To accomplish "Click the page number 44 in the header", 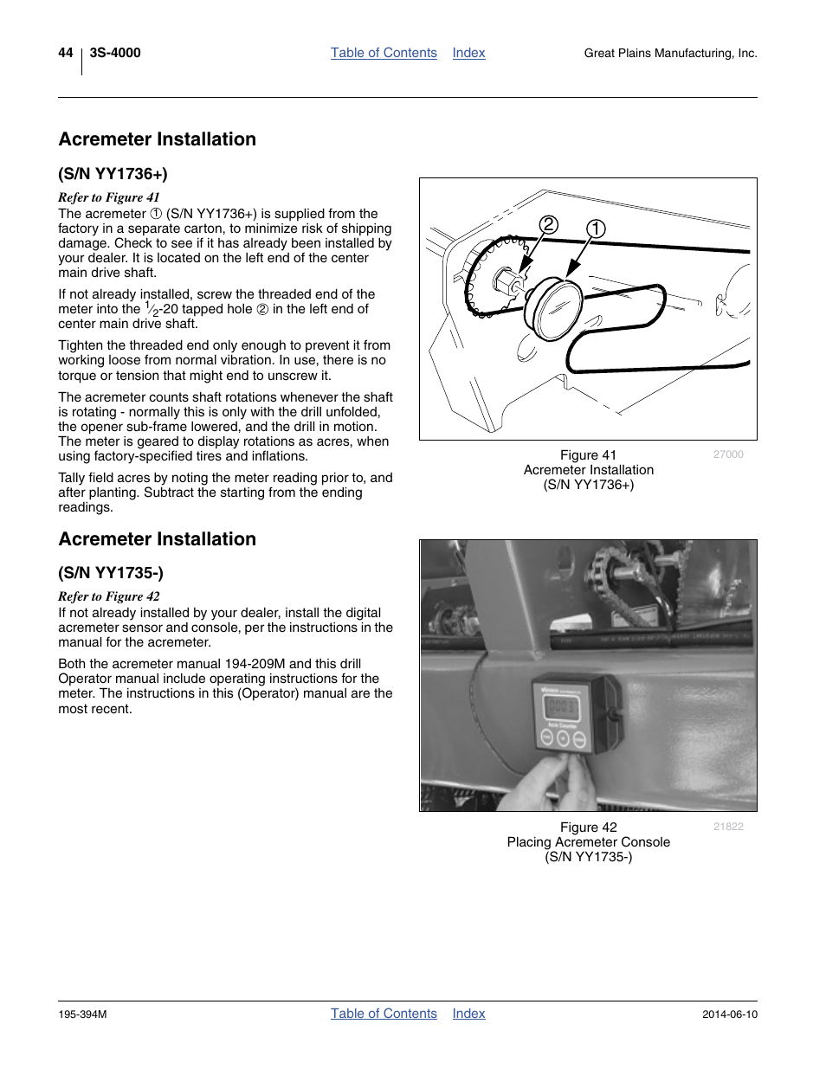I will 66,53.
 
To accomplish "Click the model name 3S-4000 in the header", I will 115,53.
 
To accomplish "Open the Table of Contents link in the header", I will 384,53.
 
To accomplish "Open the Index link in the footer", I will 468,1014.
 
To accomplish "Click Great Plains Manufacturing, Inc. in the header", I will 670,54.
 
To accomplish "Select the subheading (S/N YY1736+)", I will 113,174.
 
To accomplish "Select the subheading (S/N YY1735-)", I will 111,573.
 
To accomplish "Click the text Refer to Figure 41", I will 109,197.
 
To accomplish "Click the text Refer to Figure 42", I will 109,596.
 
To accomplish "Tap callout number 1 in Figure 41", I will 596,229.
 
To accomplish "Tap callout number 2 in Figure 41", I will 548,225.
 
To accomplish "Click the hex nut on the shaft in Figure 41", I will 505,281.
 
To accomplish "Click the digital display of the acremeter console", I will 560,707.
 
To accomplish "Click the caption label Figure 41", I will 588,455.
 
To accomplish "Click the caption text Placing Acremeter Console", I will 588,842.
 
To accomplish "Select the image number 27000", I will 728,454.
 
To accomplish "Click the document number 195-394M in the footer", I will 82,1014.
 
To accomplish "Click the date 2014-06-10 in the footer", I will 729,1014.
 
